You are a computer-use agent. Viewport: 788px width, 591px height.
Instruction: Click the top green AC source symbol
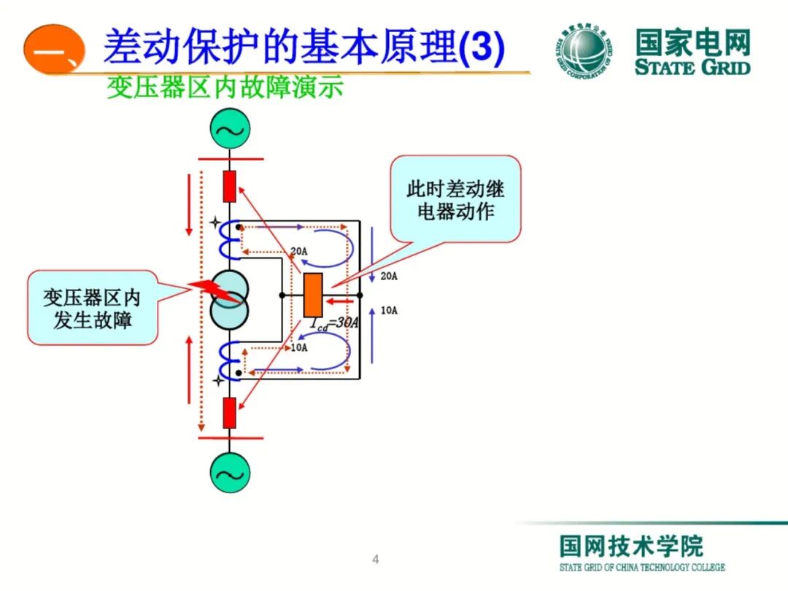(230, 131)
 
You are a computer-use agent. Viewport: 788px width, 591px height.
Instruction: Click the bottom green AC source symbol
(230, 474)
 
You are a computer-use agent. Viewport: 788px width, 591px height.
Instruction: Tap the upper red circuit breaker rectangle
(230, 186)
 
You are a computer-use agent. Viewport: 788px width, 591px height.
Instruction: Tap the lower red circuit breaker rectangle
(230, 413)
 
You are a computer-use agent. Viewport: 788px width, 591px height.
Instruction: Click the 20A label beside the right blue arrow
(389, 276)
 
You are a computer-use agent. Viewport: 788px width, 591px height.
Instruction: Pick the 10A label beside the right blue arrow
(389, 310)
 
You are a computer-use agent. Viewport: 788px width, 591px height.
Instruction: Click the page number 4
(376, 560)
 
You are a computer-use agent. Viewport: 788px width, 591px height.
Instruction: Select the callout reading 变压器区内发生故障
(93, 308)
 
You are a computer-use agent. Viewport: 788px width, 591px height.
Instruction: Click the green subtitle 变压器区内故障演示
(225, 88)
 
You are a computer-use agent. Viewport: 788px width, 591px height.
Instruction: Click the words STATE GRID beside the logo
(692, 68)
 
